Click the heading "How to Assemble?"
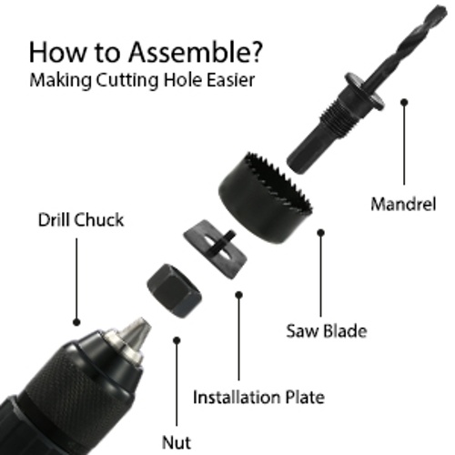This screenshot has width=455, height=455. (x=145, y=52)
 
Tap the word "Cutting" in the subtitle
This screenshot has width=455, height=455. (x=127, y=81)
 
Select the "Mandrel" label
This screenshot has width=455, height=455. (x=403, y=204)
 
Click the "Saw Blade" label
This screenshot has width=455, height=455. (x=327, y=330)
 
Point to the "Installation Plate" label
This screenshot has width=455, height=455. (x=258, y=397)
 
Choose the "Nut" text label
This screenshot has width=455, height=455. (x=177, y=442)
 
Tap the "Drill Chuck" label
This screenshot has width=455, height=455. (x=81, y=219)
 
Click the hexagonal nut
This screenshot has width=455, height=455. (x=175, y=290)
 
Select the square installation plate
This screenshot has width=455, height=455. (x=215, y=249)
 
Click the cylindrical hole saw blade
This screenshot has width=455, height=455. (x=266, y=197)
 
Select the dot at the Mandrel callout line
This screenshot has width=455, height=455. (x=404, y=102)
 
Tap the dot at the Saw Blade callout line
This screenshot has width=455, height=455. (x=321, y=233)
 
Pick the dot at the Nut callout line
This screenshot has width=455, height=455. (x=177, y=340)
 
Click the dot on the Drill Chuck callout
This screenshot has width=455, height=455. (x=76, y=322)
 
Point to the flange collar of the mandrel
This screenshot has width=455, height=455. (x=364, y=91)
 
